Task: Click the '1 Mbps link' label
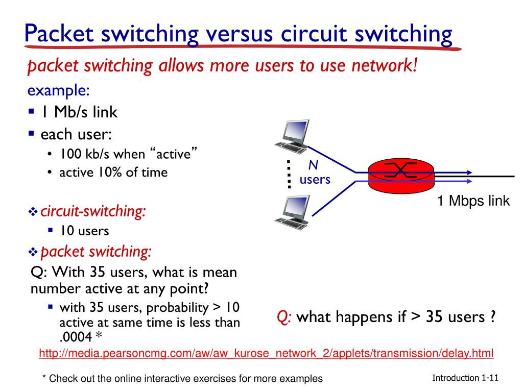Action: pos(473,201)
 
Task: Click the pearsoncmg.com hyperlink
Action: pos(266,353)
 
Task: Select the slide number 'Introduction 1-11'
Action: pos(465,378)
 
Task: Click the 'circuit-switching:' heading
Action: pos(92,211)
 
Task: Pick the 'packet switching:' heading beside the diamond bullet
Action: pos(96,251)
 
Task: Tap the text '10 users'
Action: pos(84,231)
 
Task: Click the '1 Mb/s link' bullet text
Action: pos(79,112)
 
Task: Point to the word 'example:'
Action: pos(59,90)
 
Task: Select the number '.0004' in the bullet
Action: pos(76,336)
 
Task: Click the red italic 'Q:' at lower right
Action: pos(284,317)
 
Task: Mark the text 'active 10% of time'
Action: pos(113,173)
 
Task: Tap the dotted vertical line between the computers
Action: pos(289,174)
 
